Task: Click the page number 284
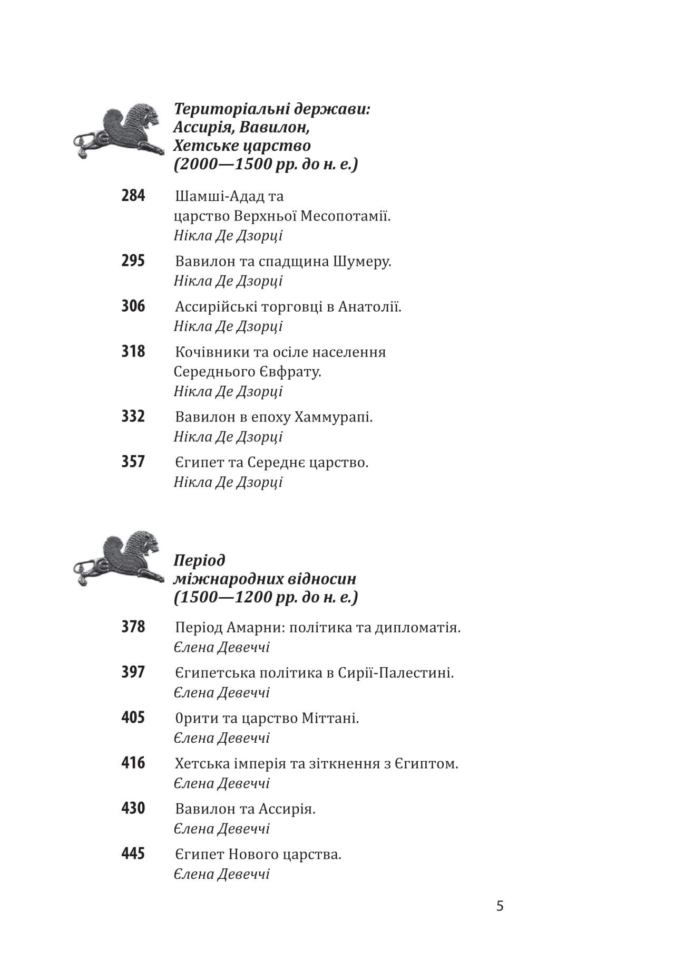pos(133,196)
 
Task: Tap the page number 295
pos(133,261)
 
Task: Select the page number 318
pos(133,351)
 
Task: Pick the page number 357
pos(133,462)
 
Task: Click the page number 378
pos(133,627)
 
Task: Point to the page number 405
pos(133,717)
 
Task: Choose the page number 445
pos(133,854)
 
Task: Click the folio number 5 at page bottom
pos(500,906)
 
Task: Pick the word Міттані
pos(330,718)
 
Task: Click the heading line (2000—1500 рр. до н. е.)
pos(266,164)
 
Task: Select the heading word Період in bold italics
pos(199,560)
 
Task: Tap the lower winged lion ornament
pos(118,558)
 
